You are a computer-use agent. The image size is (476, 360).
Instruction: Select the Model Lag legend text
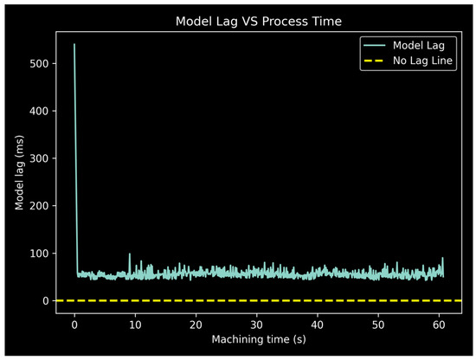[x=419, y=45]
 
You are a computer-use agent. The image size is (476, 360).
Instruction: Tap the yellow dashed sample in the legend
[x=376, y=61]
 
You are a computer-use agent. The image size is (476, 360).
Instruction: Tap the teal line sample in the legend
[x=376, y=45]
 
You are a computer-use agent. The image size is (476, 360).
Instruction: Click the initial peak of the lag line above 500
[x=74, y=44]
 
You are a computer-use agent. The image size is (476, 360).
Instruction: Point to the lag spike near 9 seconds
[x=130, y=254]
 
